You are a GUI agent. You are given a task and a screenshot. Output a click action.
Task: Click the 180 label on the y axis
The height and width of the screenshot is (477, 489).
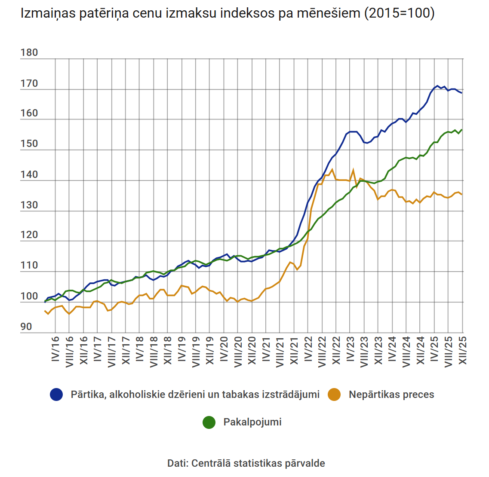(x=29, y=52)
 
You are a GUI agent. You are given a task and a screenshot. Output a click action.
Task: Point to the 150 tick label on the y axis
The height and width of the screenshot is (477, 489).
(x=29, y=144)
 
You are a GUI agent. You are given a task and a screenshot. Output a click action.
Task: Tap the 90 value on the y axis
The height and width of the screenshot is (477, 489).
(x=26, y=327)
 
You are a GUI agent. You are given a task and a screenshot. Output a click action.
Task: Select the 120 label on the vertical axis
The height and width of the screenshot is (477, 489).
(x=29, y=235)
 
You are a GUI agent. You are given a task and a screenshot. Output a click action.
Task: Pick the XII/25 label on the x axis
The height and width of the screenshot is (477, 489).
(x=463, y=351)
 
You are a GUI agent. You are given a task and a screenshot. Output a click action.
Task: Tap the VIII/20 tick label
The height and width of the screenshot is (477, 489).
(x=238, y=352)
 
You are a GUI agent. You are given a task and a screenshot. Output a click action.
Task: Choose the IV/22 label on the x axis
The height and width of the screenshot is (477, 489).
(x=308, y=349)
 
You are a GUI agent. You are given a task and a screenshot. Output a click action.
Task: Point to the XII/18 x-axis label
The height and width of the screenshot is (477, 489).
(x=168, y=351)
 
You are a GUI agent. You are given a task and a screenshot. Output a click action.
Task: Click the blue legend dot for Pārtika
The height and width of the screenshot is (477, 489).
(x=56, y=394)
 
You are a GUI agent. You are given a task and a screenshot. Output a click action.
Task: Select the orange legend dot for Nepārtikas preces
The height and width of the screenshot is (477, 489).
(x=334, y=394)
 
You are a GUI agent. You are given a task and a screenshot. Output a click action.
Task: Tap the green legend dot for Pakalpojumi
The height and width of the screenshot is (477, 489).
(x=209, y=422)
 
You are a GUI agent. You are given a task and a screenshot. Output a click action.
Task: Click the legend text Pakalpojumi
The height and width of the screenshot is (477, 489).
(x=252, y=422)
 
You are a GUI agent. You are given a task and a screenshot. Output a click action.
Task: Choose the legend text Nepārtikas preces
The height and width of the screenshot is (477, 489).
(x=391, y=394)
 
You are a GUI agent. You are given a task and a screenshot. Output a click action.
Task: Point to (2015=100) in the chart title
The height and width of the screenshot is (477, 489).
(x=399, y=13)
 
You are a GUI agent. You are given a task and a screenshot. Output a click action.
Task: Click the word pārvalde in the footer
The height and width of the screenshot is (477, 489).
(x=307, y=463)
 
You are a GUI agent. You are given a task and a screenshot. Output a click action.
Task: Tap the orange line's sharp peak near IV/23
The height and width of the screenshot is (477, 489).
(x=353, y=170)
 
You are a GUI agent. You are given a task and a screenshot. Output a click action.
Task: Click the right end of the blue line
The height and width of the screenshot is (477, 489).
(x=461, y=93)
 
